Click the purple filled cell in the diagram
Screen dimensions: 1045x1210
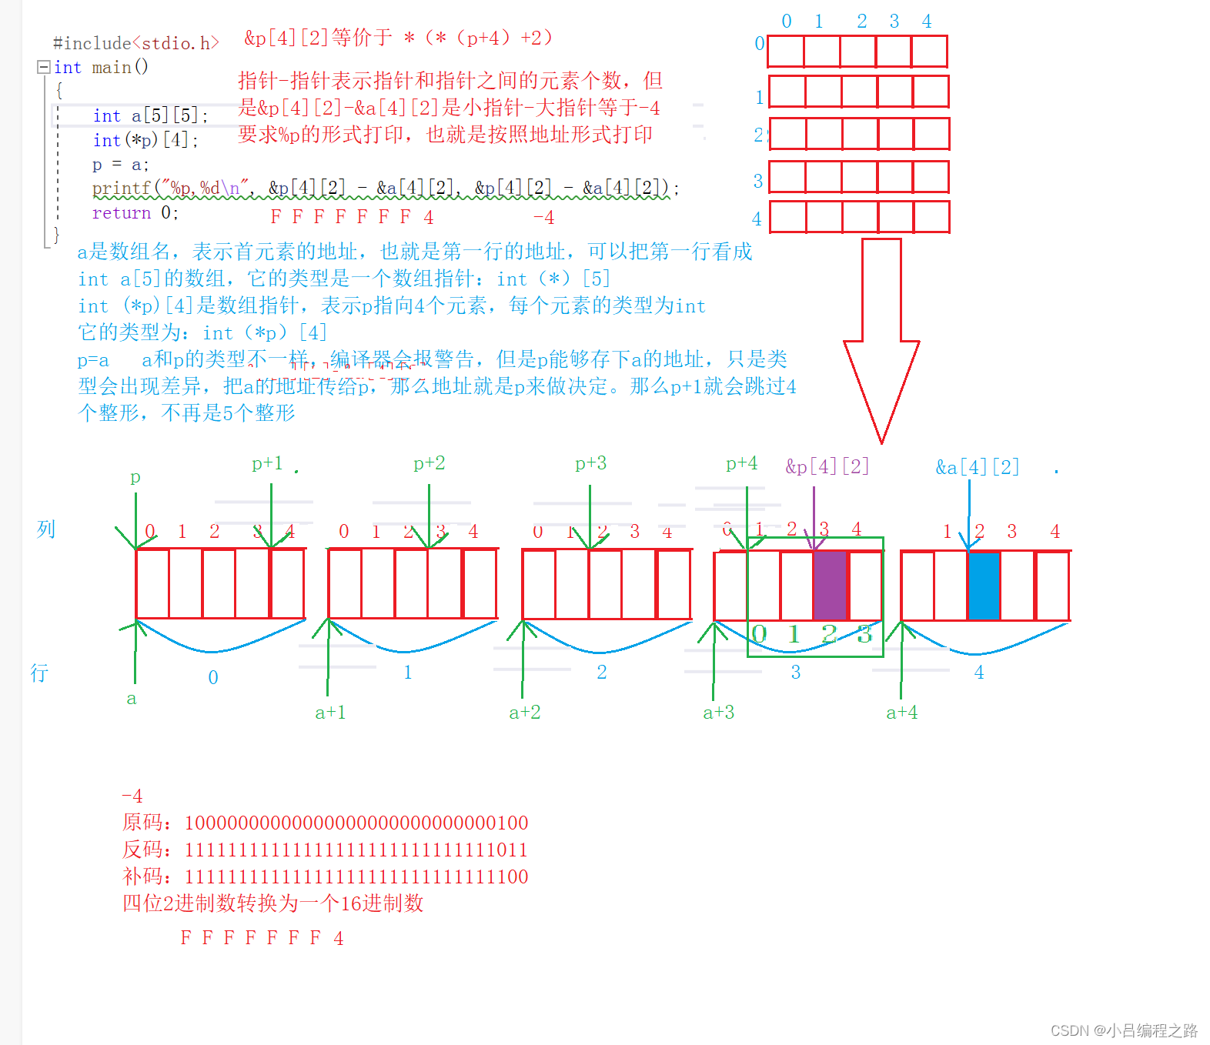pyautogui.click(x=830, y=586)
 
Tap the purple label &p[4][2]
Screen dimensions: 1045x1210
pyautogui.click(x=827, y=466)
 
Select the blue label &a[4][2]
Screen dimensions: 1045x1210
pyautogui.click(x=977, y=467)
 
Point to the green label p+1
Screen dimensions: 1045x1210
pyautogui.click(x=267, y=463)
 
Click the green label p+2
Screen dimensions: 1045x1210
pyautogui.click(x=429, y=463)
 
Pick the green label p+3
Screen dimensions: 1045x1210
pyautogui.click(x=590, y=463)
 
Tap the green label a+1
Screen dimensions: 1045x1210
pyautogui.click(x=330, y=713)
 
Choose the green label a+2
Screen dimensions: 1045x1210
pyautogui.click(x=524, y=713)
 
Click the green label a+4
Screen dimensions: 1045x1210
pyautogui.click(x=901, y=713)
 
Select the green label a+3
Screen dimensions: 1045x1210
pyautogui.click(x=718, y=713)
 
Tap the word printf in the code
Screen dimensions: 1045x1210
pyautogui.click(x=121, y=189)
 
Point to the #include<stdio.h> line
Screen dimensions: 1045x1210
pyautogui.click(x=135, y=43)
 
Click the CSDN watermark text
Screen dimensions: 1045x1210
pyautogui.click(x=1124, y=1030)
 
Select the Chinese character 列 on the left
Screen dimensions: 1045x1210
pyautogui.click(x=46, y=529)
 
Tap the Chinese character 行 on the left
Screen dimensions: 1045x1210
pyautogui.click(x=39, y=673)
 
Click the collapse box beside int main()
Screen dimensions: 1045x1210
pyautogui.click(x=44, y=67)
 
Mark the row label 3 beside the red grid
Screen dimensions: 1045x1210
pyautogui.click(x=757, y=181)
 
